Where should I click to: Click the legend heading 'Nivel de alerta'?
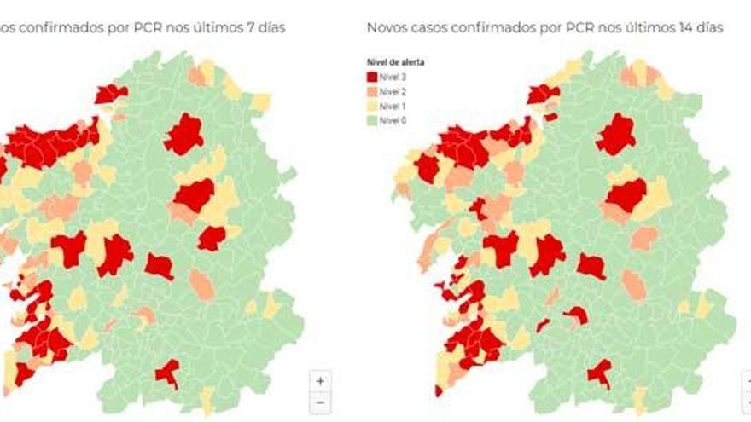pyautogui.click(x=395, y=62)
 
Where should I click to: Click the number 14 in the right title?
pyautogui.click(x=678, y=28)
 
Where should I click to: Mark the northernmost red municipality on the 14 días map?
pyautogui.click(x=543, y=93)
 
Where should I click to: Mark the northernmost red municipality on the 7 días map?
pyautogui.click(x=110, y=93)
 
